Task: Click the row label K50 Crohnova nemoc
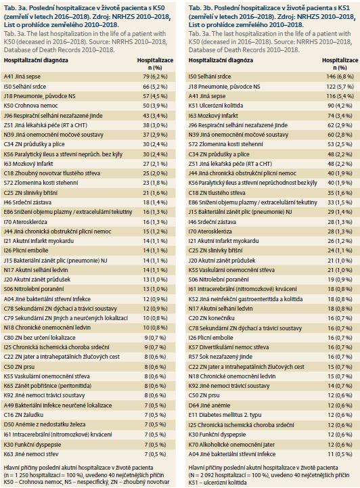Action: (x=31, y=106)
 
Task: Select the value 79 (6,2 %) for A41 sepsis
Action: (x=155, y=76)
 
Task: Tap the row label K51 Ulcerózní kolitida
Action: (x=216, y=106)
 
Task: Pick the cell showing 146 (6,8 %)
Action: (x=340, y=76)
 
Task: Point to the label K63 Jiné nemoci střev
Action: (x=31, y=454)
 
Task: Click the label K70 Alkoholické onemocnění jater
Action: (x=232, y=445)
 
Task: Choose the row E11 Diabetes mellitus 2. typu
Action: (x=225, y=415)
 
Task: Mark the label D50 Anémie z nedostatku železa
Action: (x=45, y=424)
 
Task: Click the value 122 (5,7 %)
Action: (x=340, y=87)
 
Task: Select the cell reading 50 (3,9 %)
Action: (x=155, y=106)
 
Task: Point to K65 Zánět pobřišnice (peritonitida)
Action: (x=47, y=386)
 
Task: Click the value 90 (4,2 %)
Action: (x=341, y=106)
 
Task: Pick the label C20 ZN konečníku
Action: (x=212, y=318)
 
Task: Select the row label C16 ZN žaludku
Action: (x=24, y=415)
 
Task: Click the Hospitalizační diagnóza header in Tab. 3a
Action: (x=36, y=60)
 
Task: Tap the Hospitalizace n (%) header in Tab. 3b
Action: (x=340, y=64)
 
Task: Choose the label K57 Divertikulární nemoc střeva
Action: (x=229, y=347)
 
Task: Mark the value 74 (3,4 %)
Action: (x=341, y=116)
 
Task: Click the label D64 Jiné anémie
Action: (x=209, y=405)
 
